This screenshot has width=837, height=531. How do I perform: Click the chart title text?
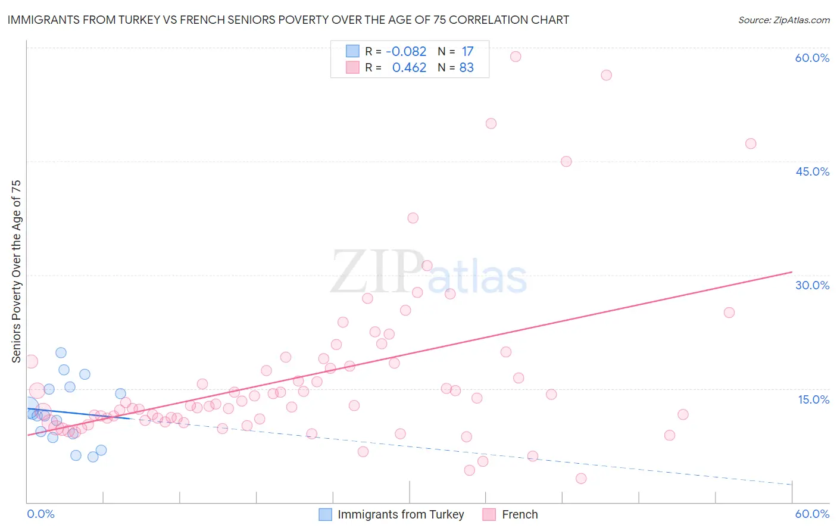point(288,20)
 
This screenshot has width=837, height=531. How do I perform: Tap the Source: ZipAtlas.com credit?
point(783,20)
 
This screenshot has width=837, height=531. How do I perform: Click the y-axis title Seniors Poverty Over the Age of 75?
point(16,271)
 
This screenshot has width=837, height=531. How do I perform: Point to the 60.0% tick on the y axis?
point(812,58)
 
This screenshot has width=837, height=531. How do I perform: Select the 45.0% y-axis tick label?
point(812,171)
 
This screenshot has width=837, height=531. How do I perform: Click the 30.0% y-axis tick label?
point(812,285)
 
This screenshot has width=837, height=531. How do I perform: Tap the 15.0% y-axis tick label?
point(813,399)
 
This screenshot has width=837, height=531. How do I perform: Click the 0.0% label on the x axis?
point(40,514)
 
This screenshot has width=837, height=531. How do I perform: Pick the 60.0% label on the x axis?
point(812,514)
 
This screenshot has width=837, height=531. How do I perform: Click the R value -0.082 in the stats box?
point(406,52)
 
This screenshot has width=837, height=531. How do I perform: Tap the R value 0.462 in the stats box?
point(409,68)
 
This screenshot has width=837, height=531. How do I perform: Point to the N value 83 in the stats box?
point(466,68)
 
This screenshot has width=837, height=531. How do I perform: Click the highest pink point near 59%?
point(516,57)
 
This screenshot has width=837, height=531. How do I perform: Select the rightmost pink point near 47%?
point(751,143)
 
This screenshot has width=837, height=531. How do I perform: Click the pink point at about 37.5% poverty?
point(413,218)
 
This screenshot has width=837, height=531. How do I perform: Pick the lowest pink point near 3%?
point(581,479)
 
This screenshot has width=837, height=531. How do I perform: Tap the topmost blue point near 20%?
point(61,352)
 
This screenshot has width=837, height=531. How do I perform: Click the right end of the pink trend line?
point(792,272)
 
